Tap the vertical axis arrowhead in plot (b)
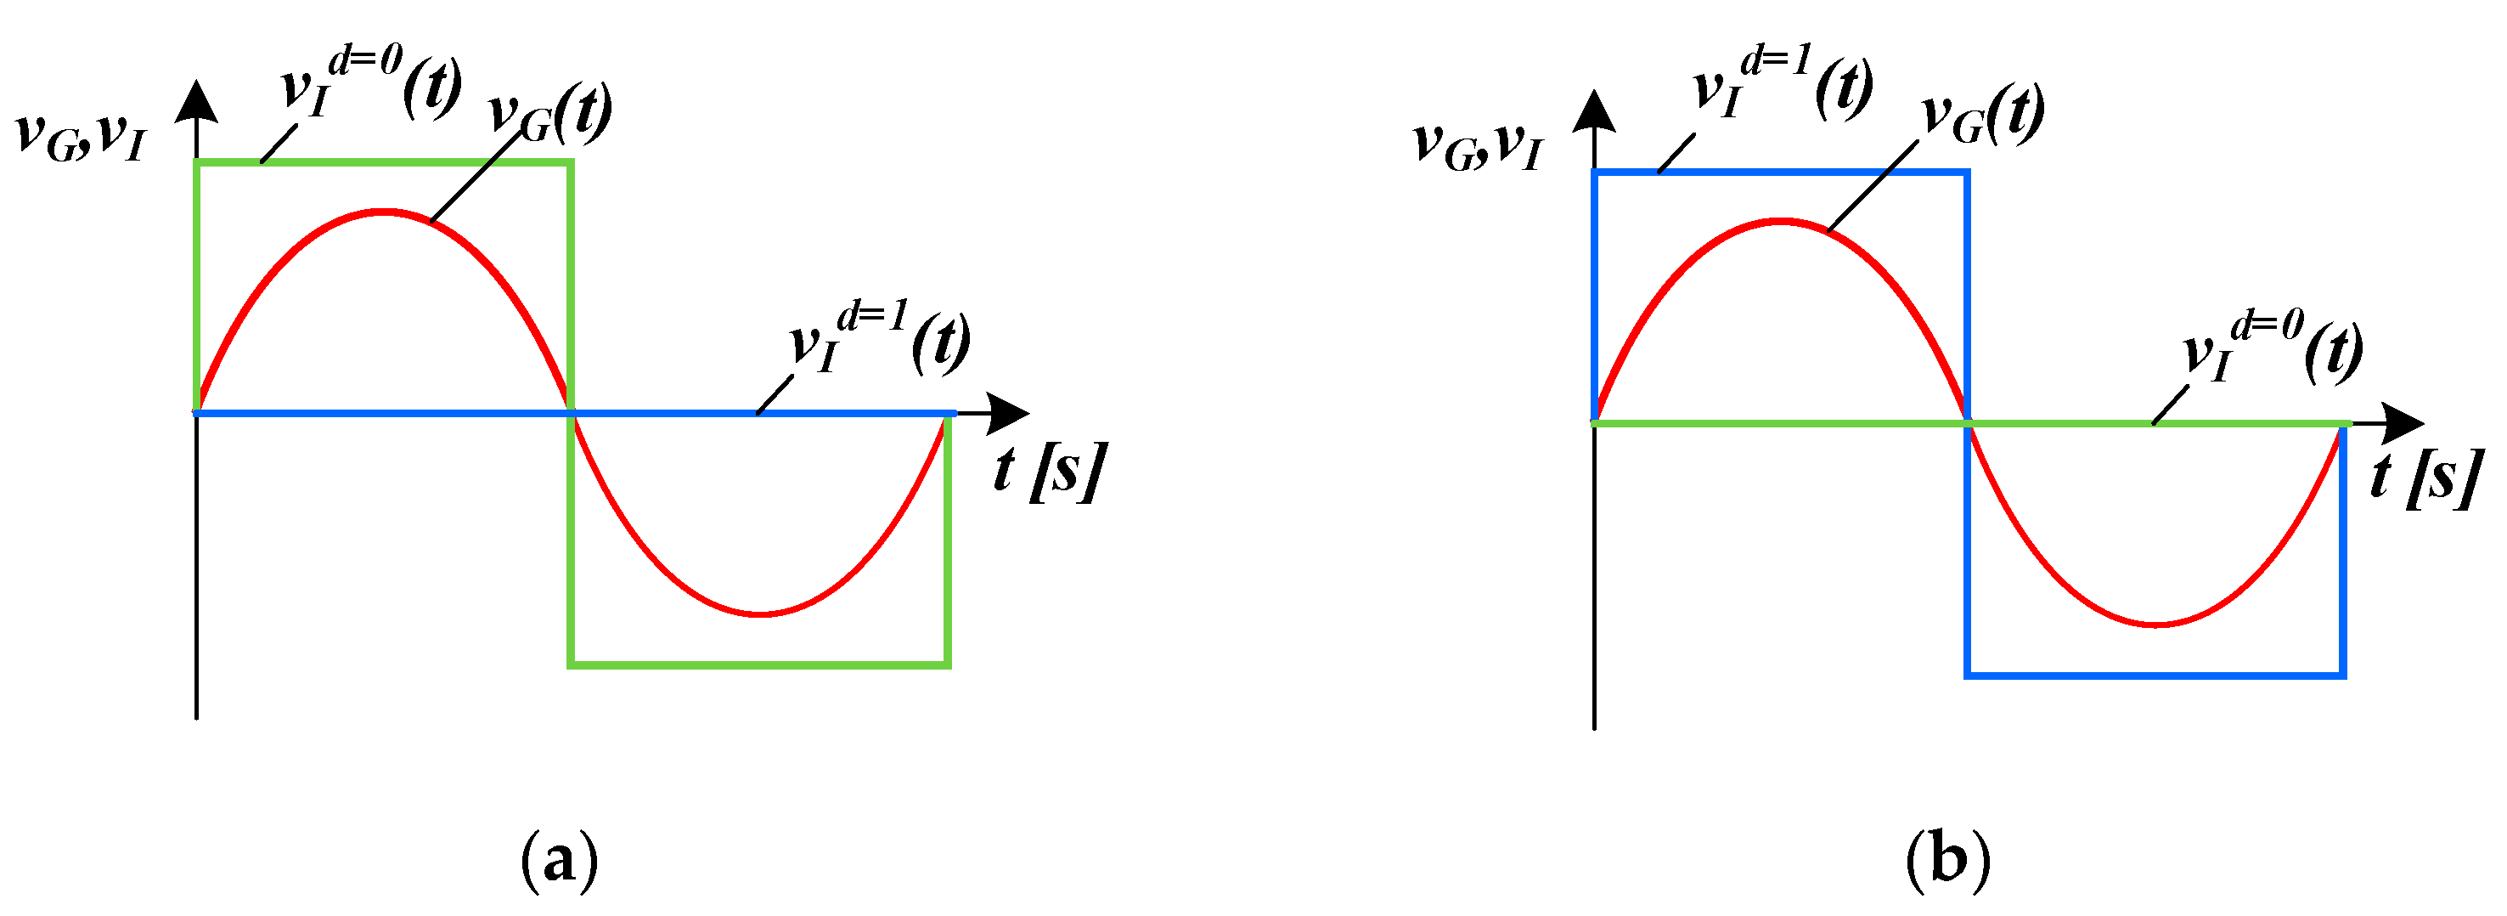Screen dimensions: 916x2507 coord(1594,111)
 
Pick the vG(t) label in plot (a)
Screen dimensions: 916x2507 coord(549,113)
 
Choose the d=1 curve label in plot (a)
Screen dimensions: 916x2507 coord(880,342)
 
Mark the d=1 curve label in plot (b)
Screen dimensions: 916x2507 coord(1783,88)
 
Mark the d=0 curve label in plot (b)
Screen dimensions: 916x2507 coord(2273,349)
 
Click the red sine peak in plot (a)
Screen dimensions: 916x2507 coord(386,212)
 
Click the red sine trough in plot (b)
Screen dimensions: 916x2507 coord(2156,624)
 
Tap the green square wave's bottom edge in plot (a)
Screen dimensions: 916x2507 coord(759,664)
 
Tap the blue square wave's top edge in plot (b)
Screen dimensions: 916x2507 coord(1781,172)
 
